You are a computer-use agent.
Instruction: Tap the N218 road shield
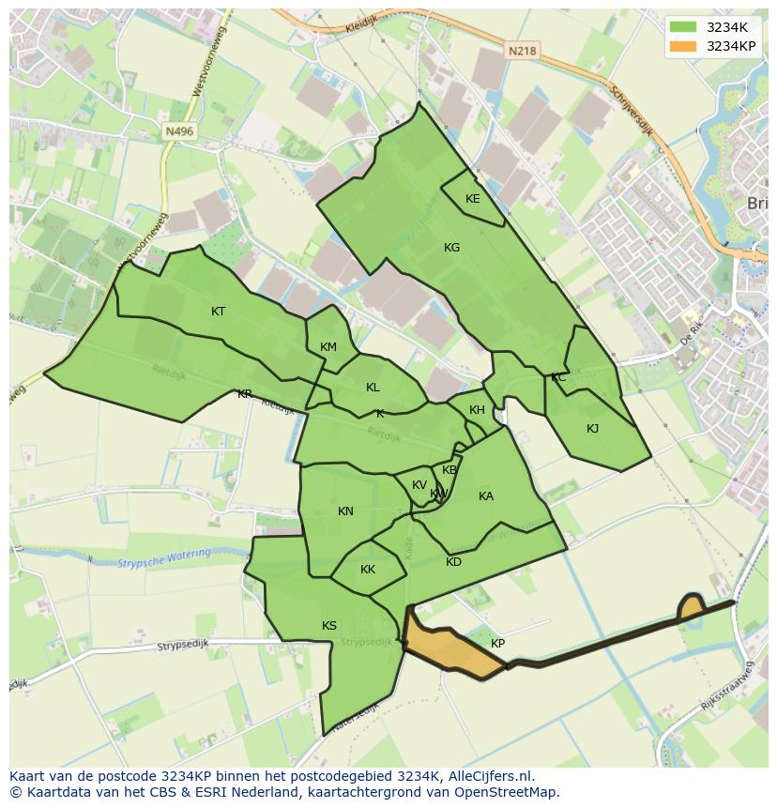point(524,52)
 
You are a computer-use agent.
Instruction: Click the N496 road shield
point(177,132)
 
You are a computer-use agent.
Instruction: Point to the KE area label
point(472,199)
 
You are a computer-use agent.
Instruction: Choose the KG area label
point(451,248)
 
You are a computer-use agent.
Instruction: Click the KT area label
point(218,312)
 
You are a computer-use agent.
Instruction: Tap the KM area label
point(328,347)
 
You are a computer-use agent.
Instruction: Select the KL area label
point(373,388)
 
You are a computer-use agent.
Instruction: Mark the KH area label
point(477,410)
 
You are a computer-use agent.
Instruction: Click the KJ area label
point(592,429)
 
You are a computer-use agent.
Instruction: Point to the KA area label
point(485,496)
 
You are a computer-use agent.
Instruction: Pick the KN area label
point(345,511)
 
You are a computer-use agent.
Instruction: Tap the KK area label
point(368,570)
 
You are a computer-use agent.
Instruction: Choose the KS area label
point(328,626)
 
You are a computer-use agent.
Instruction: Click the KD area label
point(453,562)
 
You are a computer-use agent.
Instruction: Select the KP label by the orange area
point(497,644)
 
